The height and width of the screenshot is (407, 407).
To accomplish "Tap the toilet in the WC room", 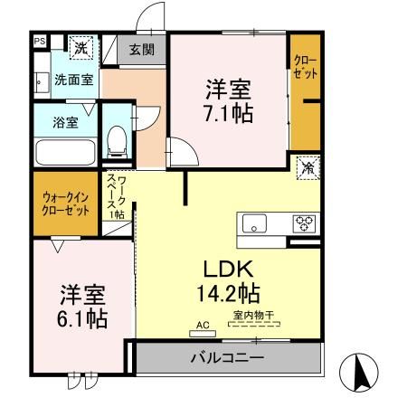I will pyautogui.click(x=116, y=141).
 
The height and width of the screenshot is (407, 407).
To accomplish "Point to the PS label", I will pyautogui.click(x=39, y=41).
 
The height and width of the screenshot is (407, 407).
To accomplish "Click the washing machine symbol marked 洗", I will pyautogui.click(x=80, y=47).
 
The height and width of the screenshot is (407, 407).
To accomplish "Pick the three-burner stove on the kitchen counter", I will pyautogui.click(x=303, y=222).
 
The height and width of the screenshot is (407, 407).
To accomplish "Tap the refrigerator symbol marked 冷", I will pyautogui.click(x=308, y=167).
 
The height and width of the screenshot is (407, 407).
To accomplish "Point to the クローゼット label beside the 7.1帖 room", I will pyautogui.click(x=305, y=67).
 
